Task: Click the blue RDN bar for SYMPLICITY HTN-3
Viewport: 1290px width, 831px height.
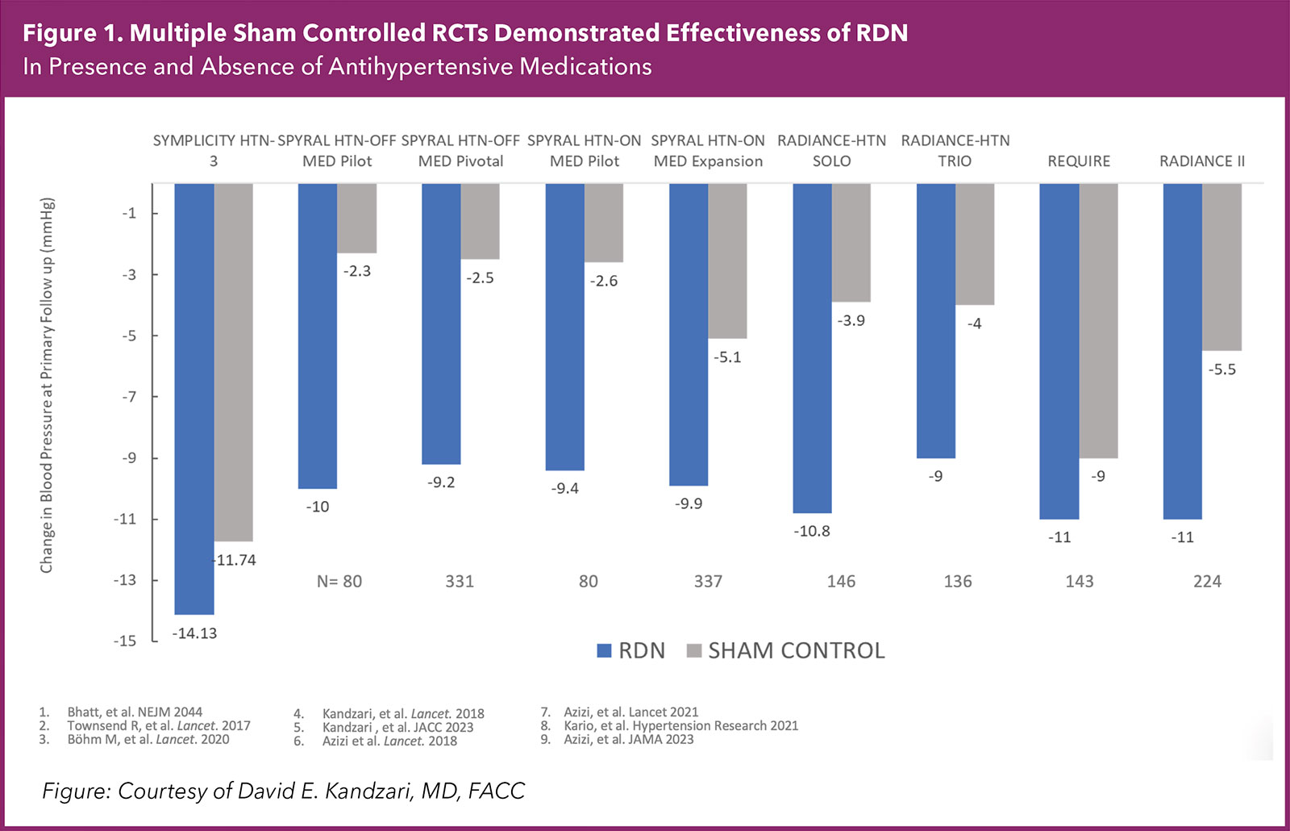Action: (x=194, y=399)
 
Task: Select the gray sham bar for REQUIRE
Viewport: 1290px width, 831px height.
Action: (x=1098, y=320)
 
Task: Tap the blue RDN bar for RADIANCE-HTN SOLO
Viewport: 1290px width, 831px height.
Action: (x=812, y=348)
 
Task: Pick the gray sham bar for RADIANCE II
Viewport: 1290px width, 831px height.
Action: (x=1221, y=266)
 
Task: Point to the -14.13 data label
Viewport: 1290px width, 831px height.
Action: (x=195, y=633)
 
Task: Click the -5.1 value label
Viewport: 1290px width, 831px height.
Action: (x=727, y=357)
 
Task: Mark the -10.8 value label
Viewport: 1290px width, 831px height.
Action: (x=812, y=531)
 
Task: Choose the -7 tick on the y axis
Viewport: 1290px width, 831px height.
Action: (x=129, y=397)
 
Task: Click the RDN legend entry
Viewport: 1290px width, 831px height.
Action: (x=631, y=650)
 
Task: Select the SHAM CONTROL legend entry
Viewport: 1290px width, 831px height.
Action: (x=786, y=650)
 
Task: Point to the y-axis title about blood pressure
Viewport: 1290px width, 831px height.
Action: (x=47, y=385)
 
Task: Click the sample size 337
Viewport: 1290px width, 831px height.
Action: (x=708, y=582)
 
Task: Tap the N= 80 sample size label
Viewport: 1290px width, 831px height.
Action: (x=339, y=582)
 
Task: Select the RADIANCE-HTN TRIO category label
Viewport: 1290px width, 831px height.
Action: (x=955, y=151)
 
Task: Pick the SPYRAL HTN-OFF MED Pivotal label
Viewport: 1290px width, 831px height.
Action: (x=460, y=151)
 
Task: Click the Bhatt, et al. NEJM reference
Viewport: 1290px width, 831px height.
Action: (x=135, y=712)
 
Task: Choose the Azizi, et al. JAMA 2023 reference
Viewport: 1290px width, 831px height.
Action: (x=628, y=739)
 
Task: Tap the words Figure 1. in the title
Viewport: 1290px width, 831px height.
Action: (x=72, y=33)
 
